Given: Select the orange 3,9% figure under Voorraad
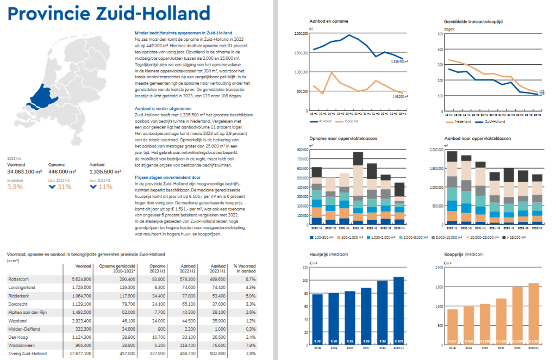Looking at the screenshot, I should pyautogui.click(x=15, y=187).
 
